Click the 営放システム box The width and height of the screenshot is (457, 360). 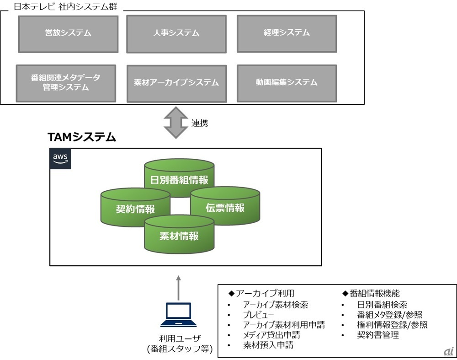point(68,33)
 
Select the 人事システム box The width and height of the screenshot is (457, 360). point(176,33)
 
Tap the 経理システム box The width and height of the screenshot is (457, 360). point(287,33)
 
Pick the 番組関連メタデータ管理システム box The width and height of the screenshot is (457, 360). point(66,82)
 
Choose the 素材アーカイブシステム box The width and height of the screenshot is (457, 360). point(176,83)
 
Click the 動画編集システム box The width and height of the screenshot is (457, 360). point(287,82)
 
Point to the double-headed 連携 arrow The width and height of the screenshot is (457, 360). point(175,123)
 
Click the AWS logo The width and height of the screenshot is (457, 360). point(60,159)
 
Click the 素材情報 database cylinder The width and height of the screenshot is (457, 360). point(179,235)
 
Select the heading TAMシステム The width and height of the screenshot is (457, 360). point(82,137)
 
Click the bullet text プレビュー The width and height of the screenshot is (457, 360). point(258,315)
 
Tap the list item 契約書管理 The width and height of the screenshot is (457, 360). point(378,335)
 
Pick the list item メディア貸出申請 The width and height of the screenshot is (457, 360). point(271,335)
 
